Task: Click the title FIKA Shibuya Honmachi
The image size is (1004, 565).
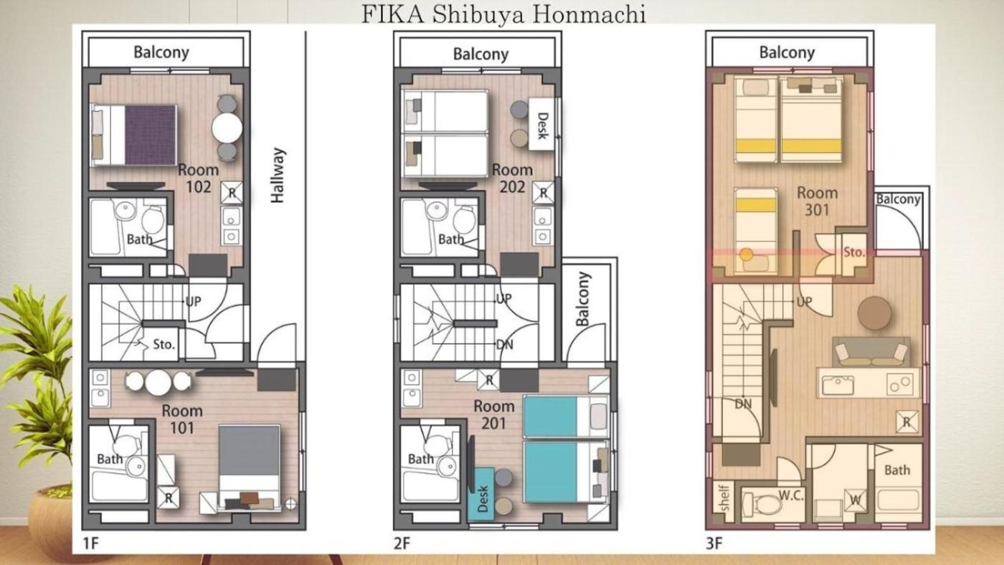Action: [503, 14]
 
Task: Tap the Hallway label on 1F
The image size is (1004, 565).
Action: [278, 175]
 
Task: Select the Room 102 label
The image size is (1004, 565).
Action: [199, 178]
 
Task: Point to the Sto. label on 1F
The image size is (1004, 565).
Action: [164, 344]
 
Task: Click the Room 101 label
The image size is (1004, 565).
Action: [182, 419]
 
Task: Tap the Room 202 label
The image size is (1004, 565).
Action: [512, 178]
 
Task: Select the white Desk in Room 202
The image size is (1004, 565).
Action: [541, 124]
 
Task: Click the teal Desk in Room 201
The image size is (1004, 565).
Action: [481, 494]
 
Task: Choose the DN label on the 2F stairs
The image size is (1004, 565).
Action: [505, 345]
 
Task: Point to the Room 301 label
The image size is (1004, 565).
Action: [817, 201]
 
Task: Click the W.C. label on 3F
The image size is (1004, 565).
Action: [790, 495]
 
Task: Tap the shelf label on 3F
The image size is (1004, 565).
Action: [724, 498]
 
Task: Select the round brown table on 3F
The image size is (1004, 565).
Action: [874, 313]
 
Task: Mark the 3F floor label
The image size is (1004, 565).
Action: [714, 543]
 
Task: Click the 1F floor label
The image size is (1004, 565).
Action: [90, 543]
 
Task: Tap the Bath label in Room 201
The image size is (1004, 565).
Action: [421, 460]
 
